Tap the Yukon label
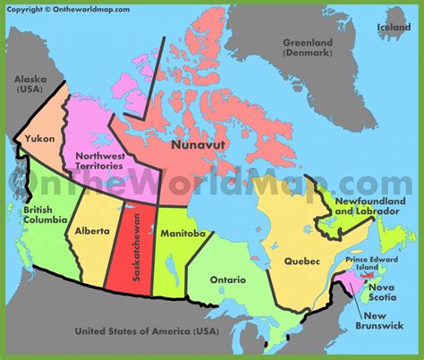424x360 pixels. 40,139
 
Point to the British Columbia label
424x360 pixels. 39,214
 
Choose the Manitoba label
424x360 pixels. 183,233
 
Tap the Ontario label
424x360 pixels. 228,280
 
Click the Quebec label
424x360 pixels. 301,261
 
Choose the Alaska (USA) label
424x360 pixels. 31,85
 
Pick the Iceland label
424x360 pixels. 394,27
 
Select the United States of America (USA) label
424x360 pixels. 147,332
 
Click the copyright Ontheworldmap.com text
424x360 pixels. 68,9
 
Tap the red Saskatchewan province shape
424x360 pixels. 125,269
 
